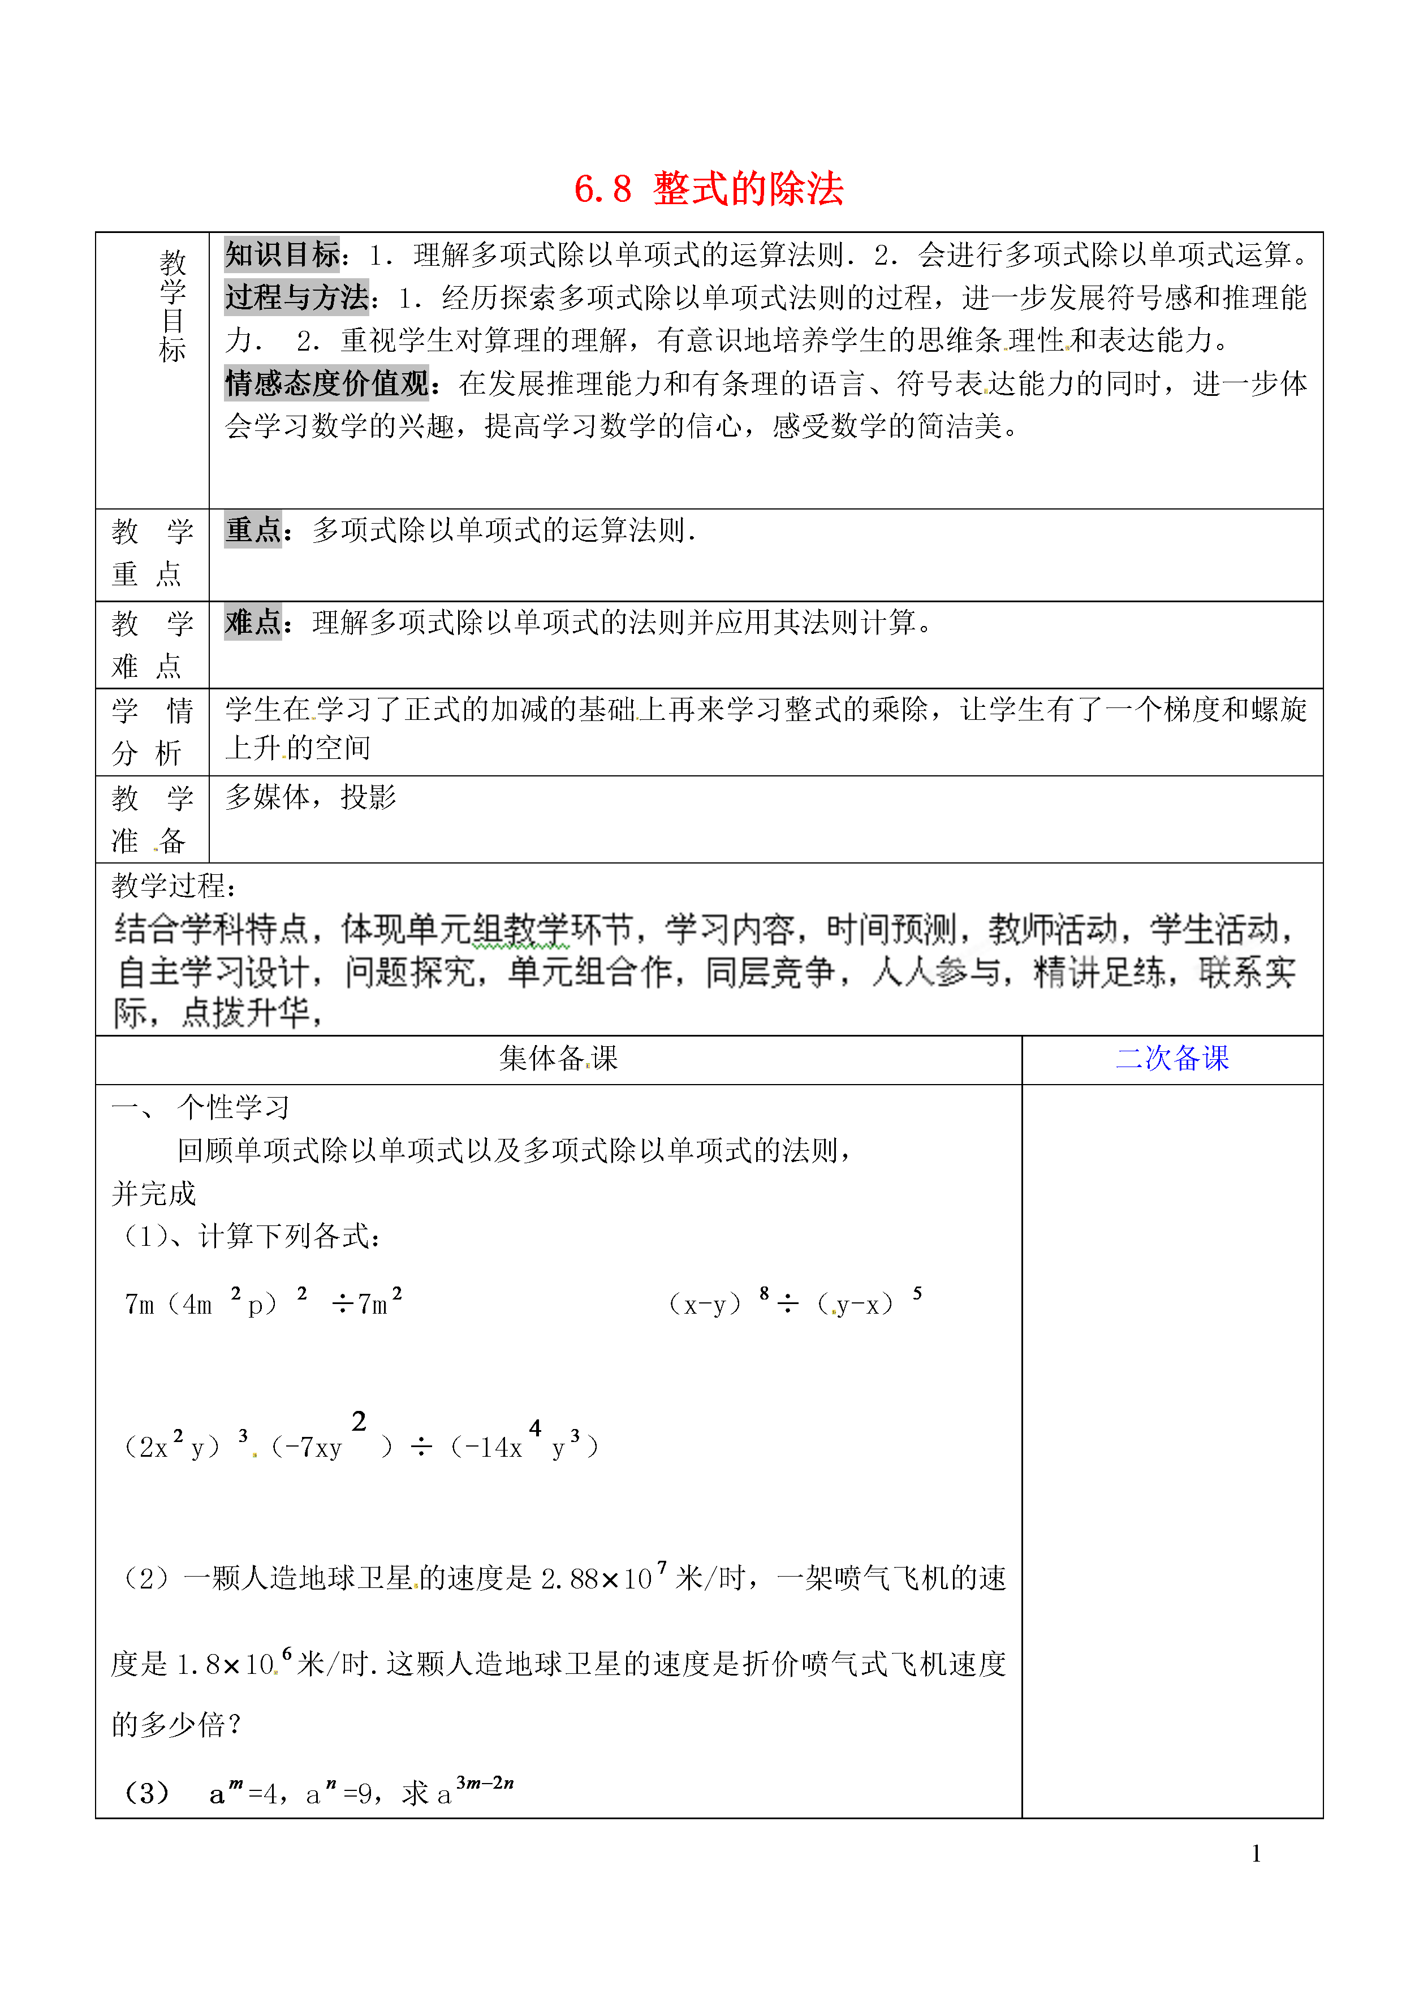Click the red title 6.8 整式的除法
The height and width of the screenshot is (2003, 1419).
point(709,189)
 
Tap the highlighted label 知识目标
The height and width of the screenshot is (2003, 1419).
point(281,254)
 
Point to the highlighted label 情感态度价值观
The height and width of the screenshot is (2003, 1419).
point(326,383)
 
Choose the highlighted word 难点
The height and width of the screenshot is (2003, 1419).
point(252,622)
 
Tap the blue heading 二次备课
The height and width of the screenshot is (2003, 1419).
point(1172,1058)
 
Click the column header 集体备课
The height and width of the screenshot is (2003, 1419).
point(558,1058)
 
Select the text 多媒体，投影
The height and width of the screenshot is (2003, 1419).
point(310,797)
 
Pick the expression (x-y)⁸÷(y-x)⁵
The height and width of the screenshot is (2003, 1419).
point(793,1302)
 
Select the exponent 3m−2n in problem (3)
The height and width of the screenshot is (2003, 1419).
point(485,1783)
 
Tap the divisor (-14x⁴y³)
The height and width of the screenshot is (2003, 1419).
point(524,1445)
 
